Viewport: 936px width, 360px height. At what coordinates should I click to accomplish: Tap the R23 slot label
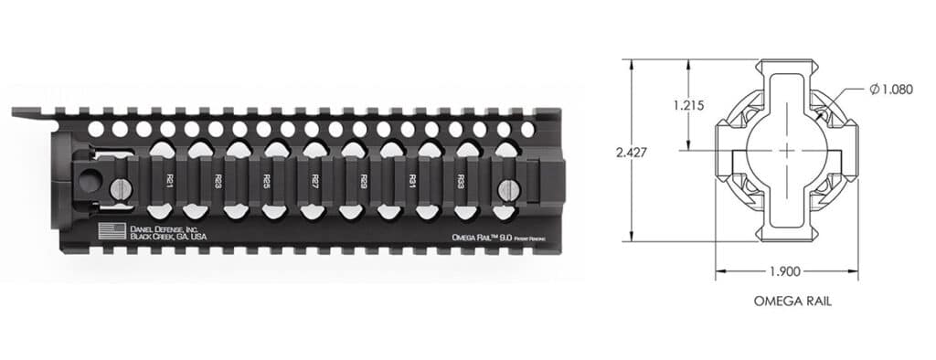(217, 180)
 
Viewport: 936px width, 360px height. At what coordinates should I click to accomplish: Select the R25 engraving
(266, 180)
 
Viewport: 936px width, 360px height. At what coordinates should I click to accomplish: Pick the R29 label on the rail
(364, 180)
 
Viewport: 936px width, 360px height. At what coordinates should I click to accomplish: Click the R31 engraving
(412, 180)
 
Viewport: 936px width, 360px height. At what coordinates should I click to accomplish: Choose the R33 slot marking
(461, 180)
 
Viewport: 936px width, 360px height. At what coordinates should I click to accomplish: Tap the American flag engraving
(109, 230)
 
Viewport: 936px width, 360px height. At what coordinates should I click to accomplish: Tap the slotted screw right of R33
(507, 190)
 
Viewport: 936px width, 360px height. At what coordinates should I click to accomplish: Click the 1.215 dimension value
(687, 105)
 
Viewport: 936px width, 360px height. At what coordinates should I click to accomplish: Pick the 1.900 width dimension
(785, 272)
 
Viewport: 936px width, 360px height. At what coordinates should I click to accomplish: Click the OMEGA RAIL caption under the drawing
(784, 301)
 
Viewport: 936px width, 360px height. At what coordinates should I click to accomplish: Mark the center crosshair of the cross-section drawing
(786, 151)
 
